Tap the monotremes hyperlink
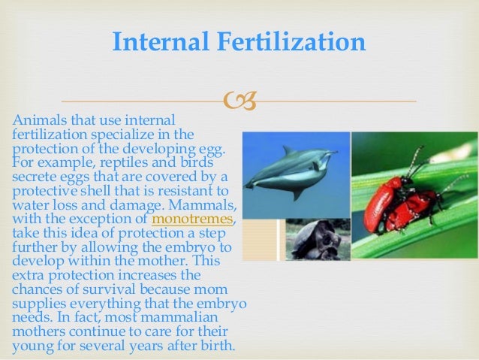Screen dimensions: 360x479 193,219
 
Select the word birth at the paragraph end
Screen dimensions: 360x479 216,346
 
